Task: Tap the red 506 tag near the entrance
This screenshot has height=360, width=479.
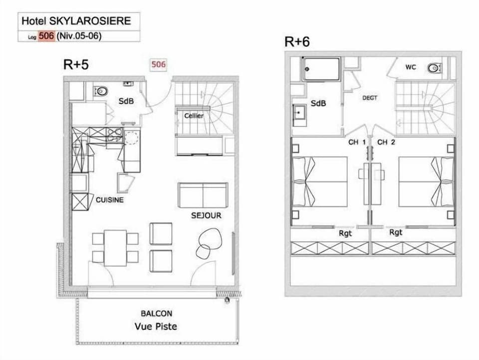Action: coord(158,64)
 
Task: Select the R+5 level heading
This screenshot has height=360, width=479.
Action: coord(76,64)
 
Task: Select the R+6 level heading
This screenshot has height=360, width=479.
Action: coord(297,41)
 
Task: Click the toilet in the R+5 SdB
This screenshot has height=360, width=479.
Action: coord(102,91)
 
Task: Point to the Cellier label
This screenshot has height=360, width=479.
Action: coord(194,115)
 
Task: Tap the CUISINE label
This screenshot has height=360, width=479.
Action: coord(110,200)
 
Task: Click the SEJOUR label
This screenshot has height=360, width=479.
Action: coord(206,216)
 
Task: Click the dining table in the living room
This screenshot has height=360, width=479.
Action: coord(115,248)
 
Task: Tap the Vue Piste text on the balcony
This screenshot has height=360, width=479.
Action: coord(156,327)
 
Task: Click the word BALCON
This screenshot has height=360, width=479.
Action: coord(157,314)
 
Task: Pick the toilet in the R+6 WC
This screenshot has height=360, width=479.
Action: coord(435,68)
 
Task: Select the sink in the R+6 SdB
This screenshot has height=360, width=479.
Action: coord(300,113)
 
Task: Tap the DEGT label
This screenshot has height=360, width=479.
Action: coord(370,98)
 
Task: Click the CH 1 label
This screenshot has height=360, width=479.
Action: coord(357,142)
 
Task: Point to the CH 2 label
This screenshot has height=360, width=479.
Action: coord(386,142)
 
